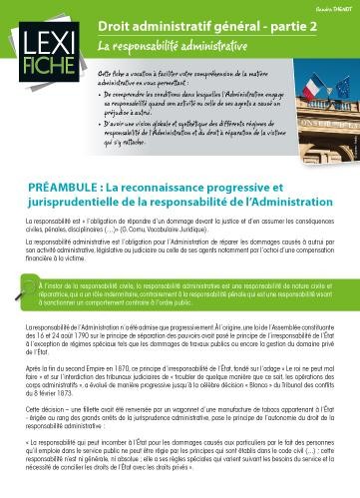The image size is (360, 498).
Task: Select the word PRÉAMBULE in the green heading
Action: tap(71, 187)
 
